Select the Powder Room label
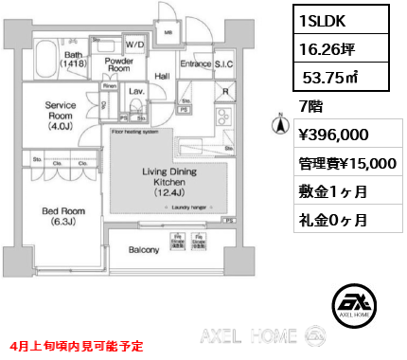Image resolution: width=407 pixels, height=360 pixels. [x=118, y=64]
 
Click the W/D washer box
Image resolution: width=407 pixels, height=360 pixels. [x=133, y=44]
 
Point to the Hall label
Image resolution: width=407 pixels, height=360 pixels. [x=162, y=77]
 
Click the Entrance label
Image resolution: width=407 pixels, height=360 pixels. [x=195, y=64]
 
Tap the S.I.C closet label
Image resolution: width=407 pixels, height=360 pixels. [x=224, y=64]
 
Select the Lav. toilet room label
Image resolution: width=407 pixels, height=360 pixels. [x=134, y=92]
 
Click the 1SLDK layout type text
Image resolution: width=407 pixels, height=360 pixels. [x=325, y=18]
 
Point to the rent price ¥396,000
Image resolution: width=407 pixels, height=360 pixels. [x=332, y=135]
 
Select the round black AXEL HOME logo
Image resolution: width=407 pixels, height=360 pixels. [x=353, y=303]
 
